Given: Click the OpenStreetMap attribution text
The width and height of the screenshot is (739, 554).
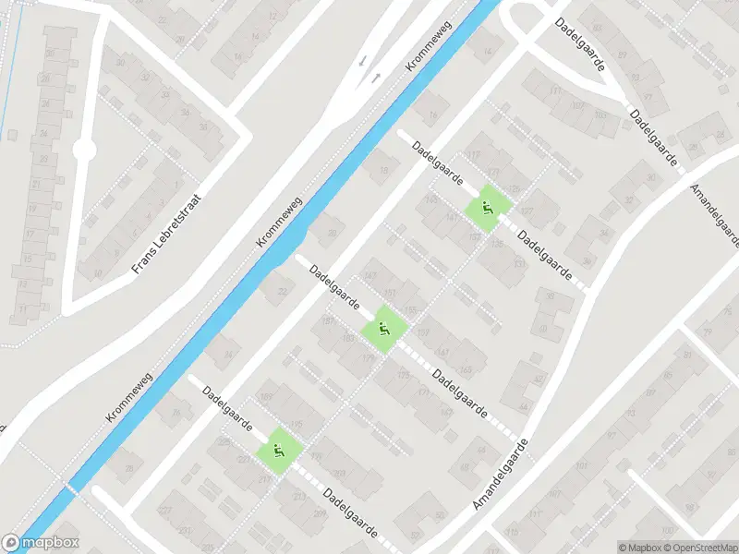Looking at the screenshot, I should (x=698, y=547).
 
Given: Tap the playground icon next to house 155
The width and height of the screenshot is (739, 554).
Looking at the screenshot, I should (x=382, y=330).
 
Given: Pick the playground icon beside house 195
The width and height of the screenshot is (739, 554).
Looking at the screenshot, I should (x=278, y=451).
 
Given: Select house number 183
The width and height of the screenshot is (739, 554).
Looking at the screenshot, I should (x=348, y=338).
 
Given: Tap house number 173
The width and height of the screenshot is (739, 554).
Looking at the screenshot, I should (x=423, y=392).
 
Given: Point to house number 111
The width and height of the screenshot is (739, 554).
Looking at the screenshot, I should (x=554, y=92).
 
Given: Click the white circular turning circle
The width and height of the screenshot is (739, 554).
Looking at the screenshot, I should (x=84, y=149).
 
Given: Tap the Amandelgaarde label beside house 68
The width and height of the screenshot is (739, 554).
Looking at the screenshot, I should (x=500, y=476).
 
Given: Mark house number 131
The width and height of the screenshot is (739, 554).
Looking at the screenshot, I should (x=518, y=263).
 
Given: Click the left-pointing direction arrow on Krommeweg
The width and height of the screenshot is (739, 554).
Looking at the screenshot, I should (x=361, y=59).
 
